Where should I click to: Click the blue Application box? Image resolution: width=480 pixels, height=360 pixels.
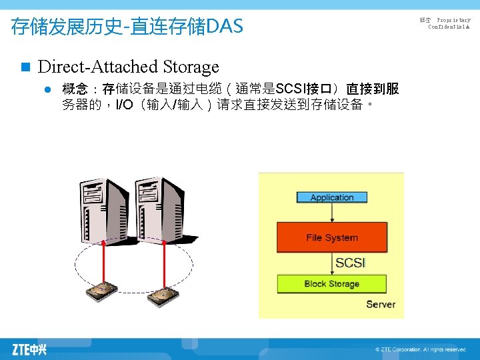[x=331, y=197]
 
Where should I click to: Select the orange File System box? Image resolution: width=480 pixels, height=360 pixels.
[x=331, y=237]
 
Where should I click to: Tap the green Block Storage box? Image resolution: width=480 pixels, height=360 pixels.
[x=331, y=283]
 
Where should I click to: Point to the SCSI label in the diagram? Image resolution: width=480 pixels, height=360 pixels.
[x=350, y=263]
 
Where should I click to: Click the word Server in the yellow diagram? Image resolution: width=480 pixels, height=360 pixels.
[x=381, y=304]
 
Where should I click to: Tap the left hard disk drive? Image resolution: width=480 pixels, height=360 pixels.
[x=101, y=292]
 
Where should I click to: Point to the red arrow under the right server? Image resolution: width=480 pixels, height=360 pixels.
[x=161, y=257]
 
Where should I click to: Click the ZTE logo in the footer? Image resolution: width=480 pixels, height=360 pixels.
[x=29, y=349]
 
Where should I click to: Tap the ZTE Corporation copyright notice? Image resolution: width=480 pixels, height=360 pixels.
[x=420, y=349]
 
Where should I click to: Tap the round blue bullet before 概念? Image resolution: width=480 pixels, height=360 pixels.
[x=48, y=89]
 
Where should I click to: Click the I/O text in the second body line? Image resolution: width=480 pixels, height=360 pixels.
[x=125, y=105]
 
